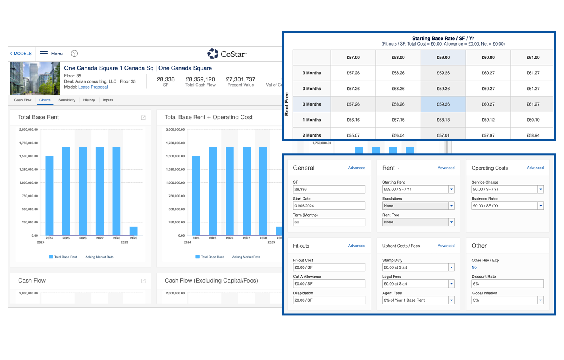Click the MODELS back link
click(x=21, y=54)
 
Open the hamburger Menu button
click(x=52, y=54)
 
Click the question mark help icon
click(x=74, y=54)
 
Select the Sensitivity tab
click(x=67, y=100)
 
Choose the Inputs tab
click(x=108, y=100)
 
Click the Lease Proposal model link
click(x=93, y=87)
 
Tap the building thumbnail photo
click(x=35, y=78)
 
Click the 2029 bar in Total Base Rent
click(x=133, y=231)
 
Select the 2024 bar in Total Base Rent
click(x=49, y=196)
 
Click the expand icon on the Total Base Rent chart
click(x=143, y=118)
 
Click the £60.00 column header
click(x=488, y=58)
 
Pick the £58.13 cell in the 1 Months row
click(x=443, y=120)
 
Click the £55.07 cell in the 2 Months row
click(x=353, y=135)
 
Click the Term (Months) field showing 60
click(x=329, y=222)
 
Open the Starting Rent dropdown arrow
click(x=451, y=189)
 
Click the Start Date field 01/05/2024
click(x=329, y=206)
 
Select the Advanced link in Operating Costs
click(x=535, y=168)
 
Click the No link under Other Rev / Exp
click(x=474, y=267)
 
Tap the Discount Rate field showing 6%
click(x=508, y=284)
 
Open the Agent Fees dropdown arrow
click(x=451, y=300)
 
